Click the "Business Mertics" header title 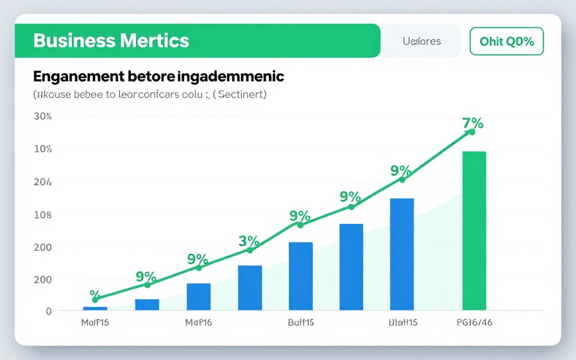click(x=111, y=41)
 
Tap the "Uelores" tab click(x=421, y=41)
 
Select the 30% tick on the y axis click(x=43, y=116)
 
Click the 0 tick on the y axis click(x=48, y=311)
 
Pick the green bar click(x=474, y=231)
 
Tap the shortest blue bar click(x=95, y=308)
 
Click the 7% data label click(x=473, y=123)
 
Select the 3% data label click(x=249, y=241)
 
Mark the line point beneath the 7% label click(x=471, y=132)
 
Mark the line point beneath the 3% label click(x=250, y=250)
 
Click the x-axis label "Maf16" click(x=199, y=323)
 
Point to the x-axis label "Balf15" click(x=300, y=323)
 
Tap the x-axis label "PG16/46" click(x=474, y=323)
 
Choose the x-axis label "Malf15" click(x=94, y=323)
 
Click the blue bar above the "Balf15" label click(x=300, y=276)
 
